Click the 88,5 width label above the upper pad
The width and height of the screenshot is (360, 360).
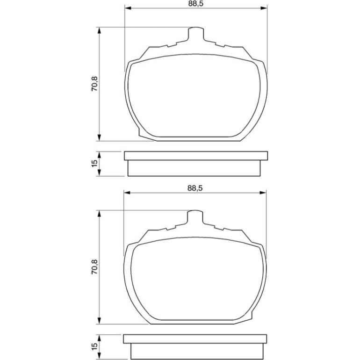[195, 4]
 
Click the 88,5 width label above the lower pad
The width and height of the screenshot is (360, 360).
[195, 188]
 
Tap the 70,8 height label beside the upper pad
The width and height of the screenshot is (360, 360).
[94, 84]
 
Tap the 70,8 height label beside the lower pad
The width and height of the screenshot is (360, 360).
[94, 267]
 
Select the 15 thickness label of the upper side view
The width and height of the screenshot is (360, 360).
[94, 164]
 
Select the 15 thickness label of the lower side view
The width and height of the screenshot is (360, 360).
[94, 346]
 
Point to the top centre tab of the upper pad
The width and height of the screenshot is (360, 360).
[196, 34]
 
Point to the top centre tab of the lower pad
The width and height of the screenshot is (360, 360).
[195, 217]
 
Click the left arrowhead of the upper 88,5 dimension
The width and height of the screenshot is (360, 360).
[128, 8]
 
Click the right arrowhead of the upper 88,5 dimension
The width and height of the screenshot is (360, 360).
[264, 8]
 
